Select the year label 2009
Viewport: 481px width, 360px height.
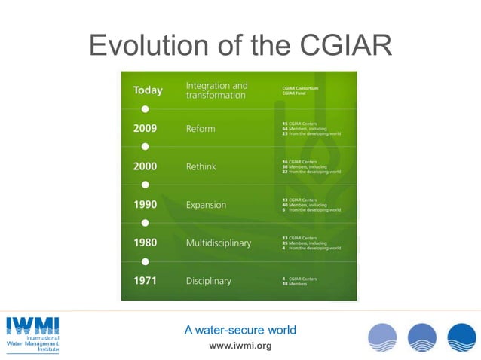pyautogui.click(x=146, y=128)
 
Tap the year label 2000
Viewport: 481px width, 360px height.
pyautogui.click(x=146, y=166)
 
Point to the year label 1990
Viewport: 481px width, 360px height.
pyautogui.click(x=146, y=205)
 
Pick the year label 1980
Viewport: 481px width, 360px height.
pyautogui.click(x=146, y=243)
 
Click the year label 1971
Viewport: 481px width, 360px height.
pyautogui.click(x=146, y=281)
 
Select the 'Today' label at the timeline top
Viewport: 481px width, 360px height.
pyautogui.click(x=148, y=90)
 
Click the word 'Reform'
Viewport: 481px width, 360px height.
pyautogui.click(x=201, y=128)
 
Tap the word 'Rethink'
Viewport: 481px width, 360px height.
pyautogui.click(x=202, y=166)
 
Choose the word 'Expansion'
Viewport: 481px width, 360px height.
pyautogui.click(x=206, y=205)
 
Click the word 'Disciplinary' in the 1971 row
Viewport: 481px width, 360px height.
pyautogui.click(x=209, y=281)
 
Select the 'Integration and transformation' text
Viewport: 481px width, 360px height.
pyautogui.click(x=216, y=90)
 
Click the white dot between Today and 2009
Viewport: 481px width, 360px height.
pyautogui.click(x=145, y=109)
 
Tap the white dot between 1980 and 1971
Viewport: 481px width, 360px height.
pyautogui.click(x=145, y=261)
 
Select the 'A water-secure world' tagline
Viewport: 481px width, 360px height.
pyautogui.click(x=240, y=330)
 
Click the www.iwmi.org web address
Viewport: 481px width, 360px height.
pyautogui.click(x=240, y=346)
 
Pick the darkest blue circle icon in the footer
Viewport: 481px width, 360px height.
pyautogui.click(x=461, y=337)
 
